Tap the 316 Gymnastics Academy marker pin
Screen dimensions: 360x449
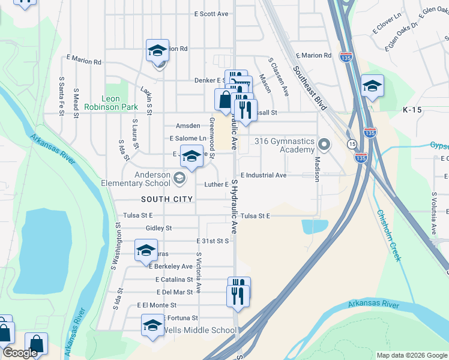coord(325,144)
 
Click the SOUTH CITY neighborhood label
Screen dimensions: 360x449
coord(167,199)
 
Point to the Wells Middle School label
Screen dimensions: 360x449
coord(200,331)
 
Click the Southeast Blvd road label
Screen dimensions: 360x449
coord(310,88)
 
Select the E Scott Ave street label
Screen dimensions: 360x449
coord(211,14)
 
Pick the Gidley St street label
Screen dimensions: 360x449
coord(158,229)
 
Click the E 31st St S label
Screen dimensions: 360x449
coord(212,241)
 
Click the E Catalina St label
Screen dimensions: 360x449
coord(174,280)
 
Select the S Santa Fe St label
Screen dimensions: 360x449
coord(61,91)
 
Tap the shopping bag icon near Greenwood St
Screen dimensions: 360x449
coord(224,99)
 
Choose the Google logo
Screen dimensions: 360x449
coord(20,353)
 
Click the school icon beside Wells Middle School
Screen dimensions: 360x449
coord(152,326)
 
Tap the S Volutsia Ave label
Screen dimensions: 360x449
coord(433,214)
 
